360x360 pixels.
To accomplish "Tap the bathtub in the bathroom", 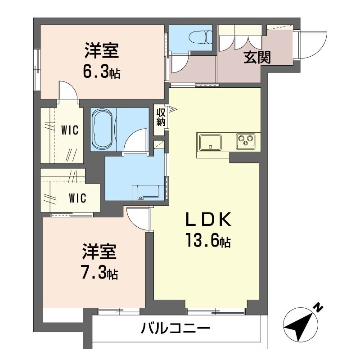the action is (x=103, y=130).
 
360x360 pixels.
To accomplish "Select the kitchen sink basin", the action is (x=211, y=142).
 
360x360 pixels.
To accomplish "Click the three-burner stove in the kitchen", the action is (x=246, y=140).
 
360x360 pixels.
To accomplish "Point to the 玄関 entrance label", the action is (x=257, y=57).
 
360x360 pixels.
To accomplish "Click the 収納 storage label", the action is (x=161, y=117).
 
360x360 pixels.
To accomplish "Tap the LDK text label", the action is (x=208, y=220).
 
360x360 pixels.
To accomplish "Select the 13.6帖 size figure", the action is (x=208, y=240).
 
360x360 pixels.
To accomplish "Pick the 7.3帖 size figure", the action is (x=100, y=272).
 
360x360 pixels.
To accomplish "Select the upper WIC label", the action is (x=70, y=130).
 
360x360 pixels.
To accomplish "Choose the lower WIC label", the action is (x=77, y=198).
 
